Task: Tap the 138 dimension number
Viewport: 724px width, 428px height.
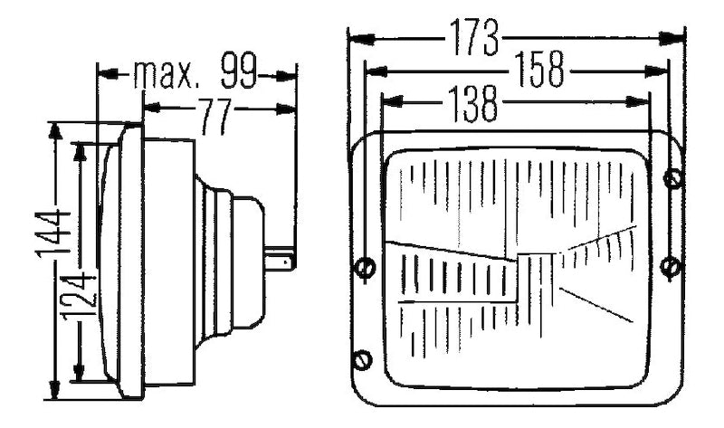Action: (472, 104)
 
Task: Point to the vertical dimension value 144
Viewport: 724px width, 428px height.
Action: (55, 233)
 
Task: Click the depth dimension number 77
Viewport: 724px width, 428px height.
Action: (214, 117)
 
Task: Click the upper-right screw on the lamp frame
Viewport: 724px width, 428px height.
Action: (672, 179)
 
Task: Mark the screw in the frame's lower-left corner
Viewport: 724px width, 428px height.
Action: (363, 360)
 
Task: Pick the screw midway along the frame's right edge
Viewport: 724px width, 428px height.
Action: (670, 267)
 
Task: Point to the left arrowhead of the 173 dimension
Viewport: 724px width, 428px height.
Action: (356, 38)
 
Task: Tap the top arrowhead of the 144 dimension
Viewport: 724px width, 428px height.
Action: (55, 129)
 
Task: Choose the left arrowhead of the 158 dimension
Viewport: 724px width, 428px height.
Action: (371, 71)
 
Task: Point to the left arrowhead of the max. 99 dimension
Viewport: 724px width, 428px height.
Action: (103, 74)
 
